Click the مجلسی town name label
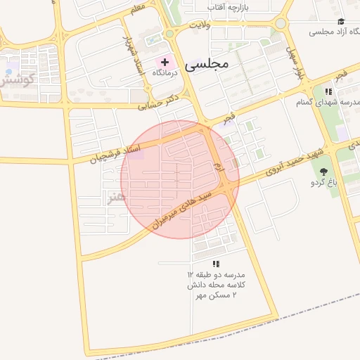tap(207, 64)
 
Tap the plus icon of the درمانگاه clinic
tap(165, 63)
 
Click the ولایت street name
tap(202, 25)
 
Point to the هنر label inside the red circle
tap(116, 198)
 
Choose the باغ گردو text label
tap(324, 183)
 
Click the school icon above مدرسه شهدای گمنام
tap(328, 91)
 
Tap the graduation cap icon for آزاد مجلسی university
tap(341, 21)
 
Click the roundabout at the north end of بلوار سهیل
tap(281, 23)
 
